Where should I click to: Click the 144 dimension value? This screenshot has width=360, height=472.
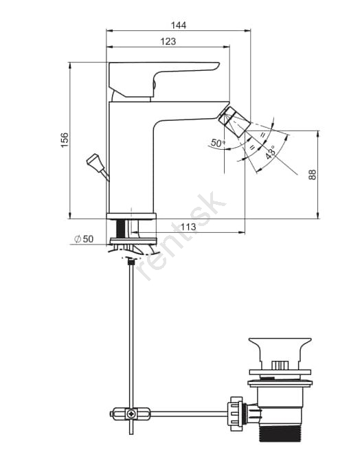click(179, 25)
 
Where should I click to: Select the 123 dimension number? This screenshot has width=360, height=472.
click(168, 41)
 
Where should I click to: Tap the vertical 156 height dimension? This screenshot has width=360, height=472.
click(65, 140)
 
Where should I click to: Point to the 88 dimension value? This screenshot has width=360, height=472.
click(313, 175)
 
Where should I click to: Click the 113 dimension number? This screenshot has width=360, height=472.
click(188, 226)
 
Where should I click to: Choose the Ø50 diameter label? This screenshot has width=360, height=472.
click(84, 239)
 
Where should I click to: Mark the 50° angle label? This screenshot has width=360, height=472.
click(218, 143)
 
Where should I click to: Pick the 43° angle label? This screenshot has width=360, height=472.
click(271, 153)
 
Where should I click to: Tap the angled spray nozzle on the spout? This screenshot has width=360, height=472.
click(235, 122)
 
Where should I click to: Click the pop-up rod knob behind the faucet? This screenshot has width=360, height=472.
click(95, 163)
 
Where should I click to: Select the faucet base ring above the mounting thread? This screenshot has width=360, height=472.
click(131, 216)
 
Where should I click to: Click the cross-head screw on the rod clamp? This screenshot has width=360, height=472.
click(131, 414)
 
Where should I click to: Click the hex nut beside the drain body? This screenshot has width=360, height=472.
click(236, 411)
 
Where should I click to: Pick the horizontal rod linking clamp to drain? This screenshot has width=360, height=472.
click(189, 414)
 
